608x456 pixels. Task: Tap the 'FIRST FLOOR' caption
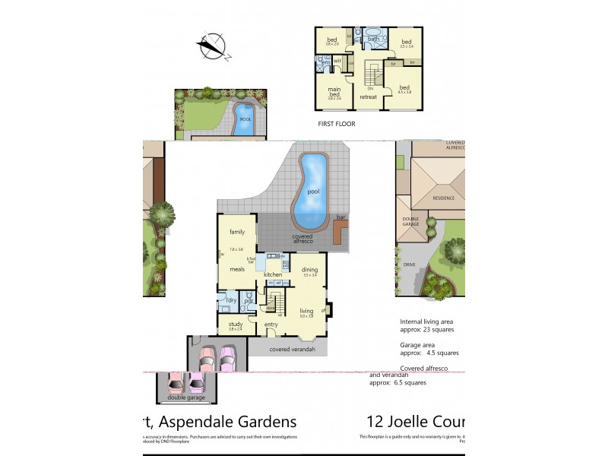(x=337, y=123)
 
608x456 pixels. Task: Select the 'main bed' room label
(x=334, y=92)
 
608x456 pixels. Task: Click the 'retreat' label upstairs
(x=369, y=97)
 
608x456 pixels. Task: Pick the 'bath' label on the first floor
(x=373, y=39)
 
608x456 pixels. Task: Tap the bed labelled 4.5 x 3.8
(x=405, y=87)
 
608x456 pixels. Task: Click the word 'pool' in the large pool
(x=313, y=192)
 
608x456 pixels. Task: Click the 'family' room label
(x=237, y=232)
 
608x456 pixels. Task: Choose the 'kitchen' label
(x=273, y=274)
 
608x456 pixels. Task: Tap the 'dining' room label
(x=309, y=270)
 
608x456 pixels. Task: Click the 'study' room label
(x=236, y=325)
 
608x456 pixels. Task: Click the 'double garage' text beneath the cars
(x=185, y=396)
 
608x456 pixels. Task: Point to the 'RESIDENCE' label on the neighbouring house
(x=444, y=198)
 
